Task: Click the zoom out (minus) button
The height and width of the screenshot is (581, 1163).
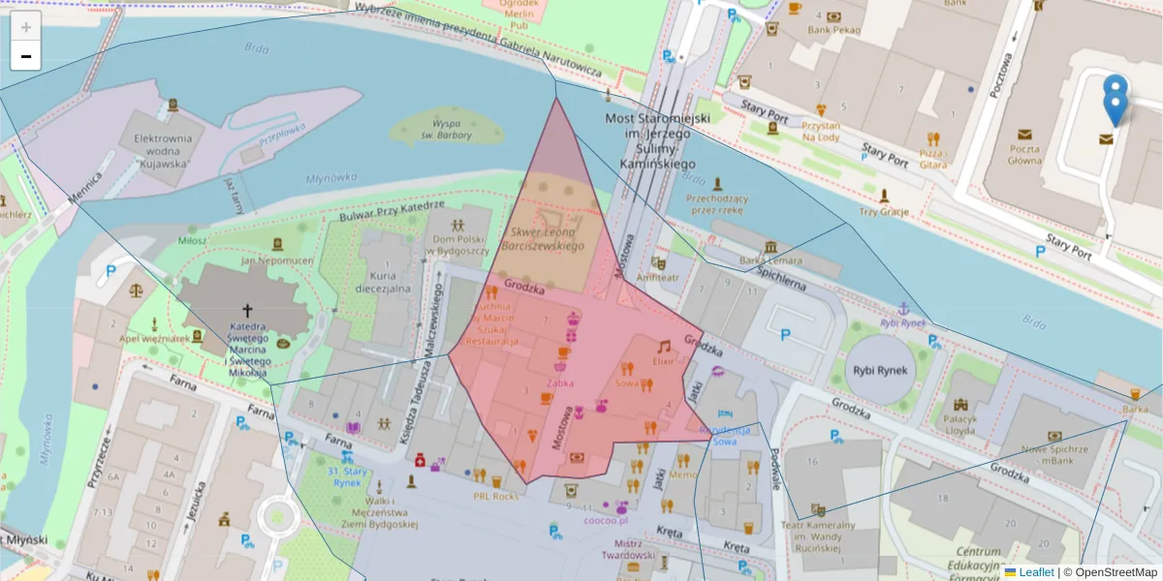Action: (26, 56)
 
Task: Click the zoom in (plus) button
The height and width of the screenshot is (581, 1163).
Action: (26, 27)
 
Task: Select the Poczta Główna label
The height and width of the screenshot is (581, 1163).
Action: (1025, 155)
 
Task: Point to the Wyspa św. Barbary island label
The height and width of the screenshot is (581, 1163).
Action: (446, 129)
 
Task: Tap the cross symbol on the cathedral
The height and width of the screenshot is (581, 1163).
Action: (247, 311)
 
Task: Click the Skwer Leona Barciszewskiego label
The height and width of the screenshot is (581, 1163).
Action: (544, 239)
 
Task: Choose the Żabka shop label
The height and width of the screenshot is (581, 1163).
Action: (559, 382)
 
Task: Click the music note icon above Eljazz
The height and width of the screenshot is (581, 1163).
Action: (664, 346)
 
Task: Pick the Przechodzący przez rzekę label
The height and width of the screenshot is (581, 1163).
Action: (714, 202)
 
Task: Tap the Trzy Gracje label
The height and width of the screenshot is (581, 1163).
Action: (882, 212)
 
